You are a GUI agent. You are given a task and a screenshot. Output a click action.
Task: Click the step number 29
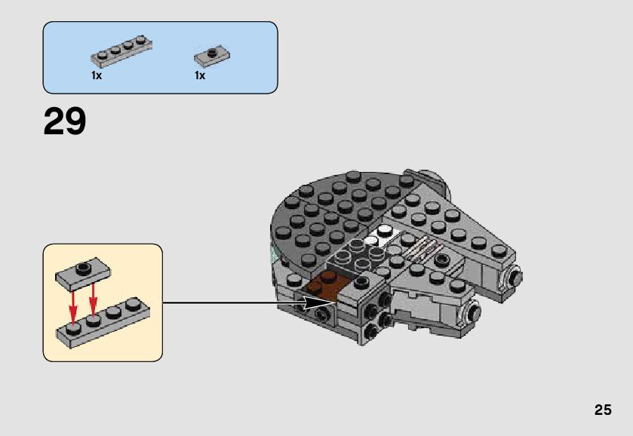click(65, 122)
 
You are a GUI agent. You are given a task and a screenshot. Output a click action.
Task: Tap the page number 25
click(602, 410)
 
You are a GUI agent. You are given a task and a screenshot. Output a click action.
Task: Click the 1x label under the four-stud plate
click(97, 75)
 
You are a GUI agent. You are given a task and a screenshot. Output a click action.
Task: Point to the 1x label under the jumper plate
click(200, 75)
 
